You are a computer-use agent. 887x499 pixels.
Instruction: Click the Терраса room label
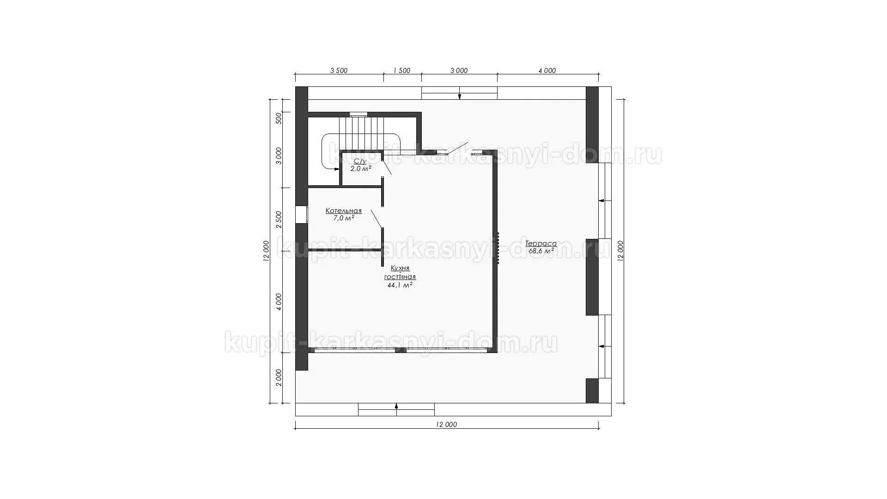(x=541, y=243)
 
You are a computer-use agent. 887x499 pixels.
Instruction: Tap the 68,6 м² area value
(x=541, y=251)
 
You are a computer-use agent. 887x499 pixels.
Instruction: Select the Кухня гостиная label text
(x=400, y=273)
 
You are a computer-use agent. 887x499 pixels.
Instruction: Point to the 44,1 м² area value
(x=400, y=286)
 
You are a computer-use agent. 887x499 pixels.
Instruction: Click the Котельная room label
(x=344, y=211)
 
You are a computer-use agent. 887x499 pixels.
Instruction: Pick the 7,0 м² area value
(x=344, y=218)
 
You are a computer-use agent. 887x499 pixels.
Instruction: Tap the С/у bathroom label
(x=360, y=161)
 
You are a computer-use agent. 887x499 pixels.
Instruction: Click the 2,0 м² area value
(x=361, y=169)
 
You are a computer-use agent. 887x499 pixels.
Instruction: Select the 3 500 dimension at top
(x=339, y=71)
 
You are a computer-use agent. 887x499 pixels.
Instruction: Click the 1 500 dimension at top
(x=401, y=71)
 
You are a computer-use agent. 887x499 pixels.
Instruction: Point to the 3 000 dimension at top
(x=459, y=71)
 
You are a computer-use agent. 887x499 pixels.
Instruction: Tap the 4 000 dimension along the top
(x=547, y=71)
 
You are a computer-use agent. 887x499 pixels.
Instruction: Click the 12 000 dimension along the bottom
(x=446, y=425)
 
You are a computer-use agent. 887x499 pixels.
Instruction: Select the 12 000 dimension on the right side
(x=620, y=251)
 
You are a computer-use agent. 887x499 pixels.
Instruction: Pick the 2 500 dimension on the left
(x=279, y=219)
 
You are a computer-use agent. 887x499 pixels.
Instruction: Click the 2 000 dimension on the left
(x=279, y=378)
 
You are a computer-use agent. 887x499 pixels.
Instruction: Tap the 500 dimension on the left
(x=279, y=118)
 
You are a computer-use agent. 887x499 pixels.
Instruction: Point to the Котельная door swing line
(x=377, y=218)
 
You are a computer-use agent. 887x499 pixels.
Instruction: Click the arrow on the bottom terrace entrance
(x=396, y=406)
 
